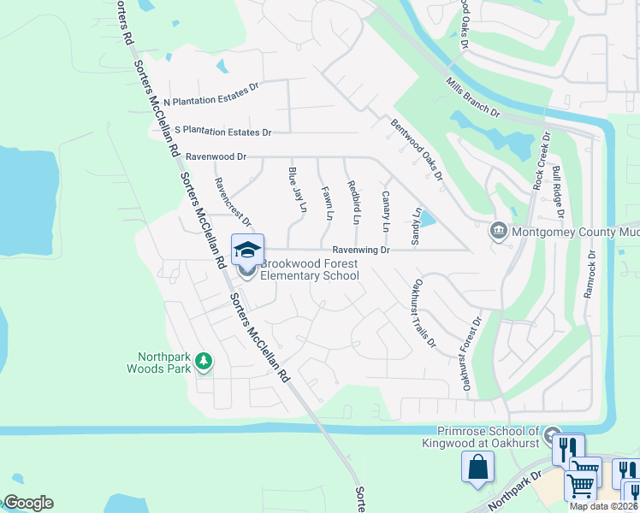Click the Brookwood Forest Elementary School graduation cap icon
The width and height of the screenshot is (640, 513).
click(x=247, y=250)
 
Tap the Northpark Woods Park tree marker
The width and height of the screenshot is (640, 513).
click(x=204, y=362)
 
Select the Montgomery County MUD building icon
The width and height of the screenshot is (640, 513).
click(x=498, y=231)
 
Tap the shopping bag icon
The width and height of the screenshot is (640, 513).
click(x=477, y=467)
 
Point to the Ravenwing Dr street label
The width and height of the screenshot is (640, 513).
click(x=361, y=251)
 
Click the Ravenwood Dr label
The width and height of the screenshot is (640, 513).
click(x=216, y=157)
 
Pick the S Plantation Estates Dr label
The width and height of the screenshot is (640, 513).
click(x=222, y=132)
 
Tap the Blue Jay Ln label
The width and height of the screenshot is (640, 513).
click(x=297, y=191)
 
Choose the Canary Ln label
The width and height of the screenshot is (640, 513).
click(x=385, y=212)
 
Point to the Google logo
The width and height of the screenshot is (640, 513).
click(x=29, y=503)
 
